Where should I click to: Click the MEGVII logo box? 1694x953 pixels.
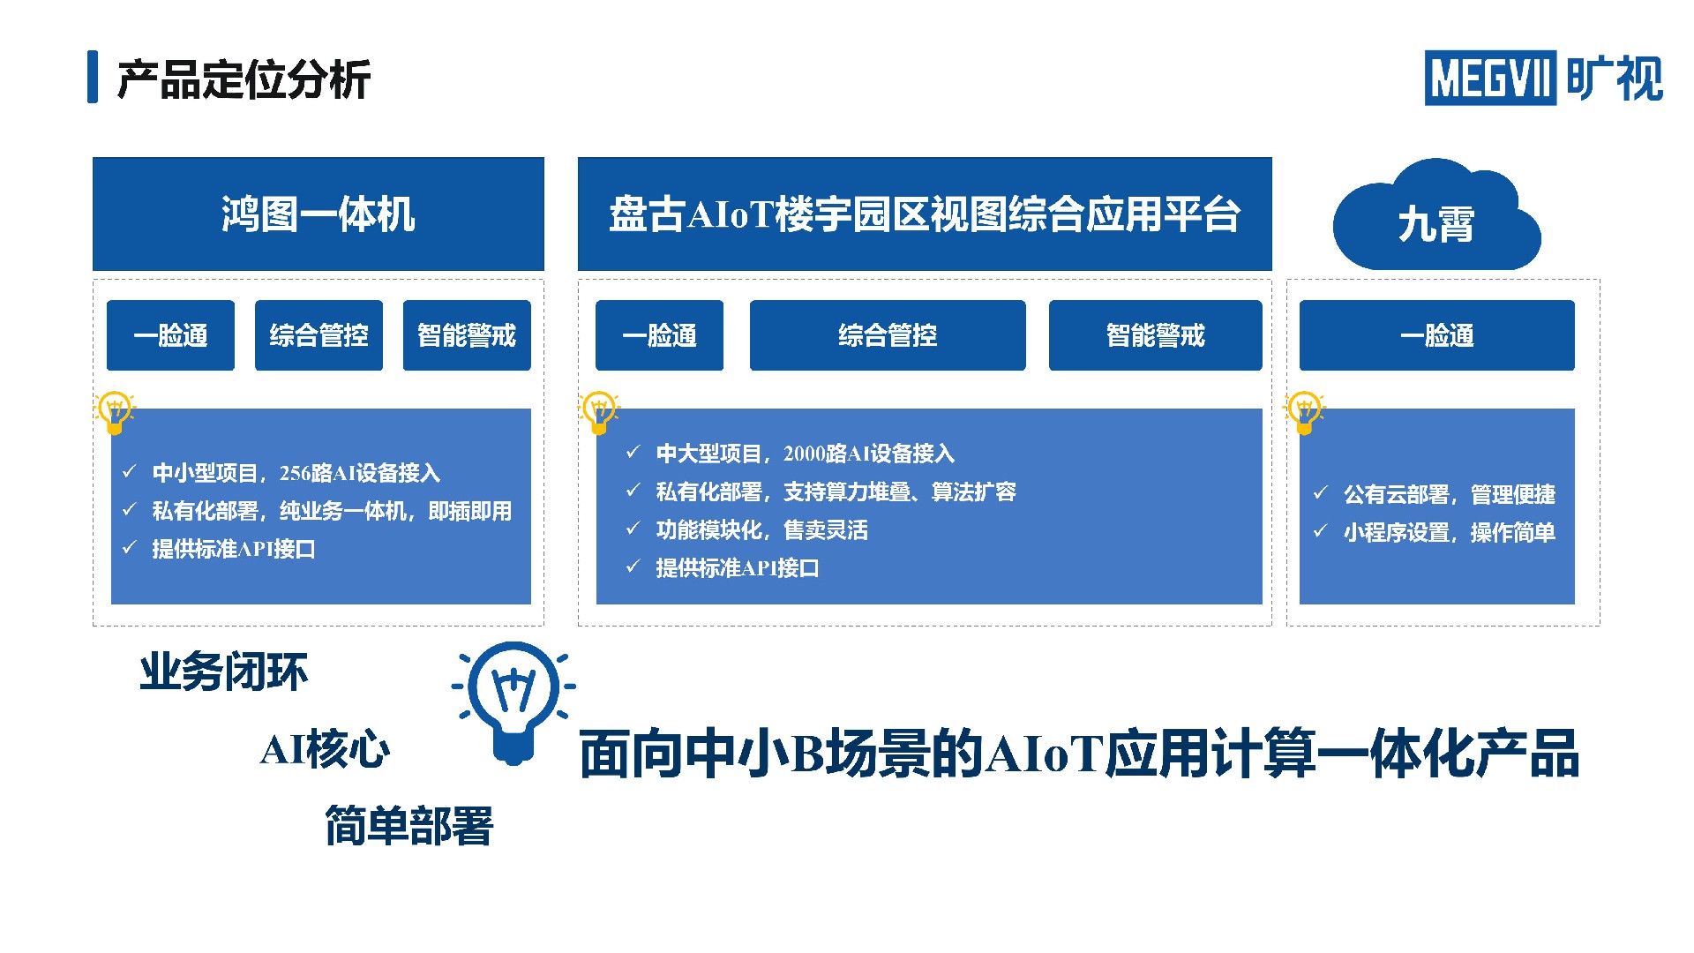pos(1490,78)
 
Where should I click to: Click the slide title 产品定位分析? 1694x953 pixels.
pos(244,79)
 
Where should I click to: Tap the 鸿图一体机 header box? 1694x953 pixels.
pos(319,214)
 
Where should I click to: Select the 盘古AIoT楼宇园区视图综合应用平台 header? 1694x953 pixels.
pos(925,214)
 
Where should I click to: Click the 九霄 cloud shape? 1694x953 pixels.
pos(1437,216)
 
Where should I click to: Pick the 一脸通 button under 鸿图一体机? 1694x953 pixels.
pos(170,335)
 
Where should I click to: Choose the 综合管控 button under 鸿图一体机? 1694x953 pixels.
pos(319,335)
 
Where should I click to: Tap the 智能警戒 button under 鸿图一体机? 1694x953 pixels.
pos(467,335)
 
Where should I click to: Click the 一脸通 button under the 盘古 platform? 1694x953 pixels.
pos(659,335)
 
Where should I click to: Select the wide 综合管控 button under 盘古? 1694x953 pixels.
pos(888,335)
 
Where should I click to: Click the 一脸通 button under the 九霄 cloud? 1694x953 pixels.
pos(1437,335)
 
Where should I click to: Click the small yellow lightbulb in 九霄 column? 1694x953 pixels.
pos(1304,412)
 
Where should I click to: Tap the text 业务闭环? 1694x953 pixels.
pos(224,672)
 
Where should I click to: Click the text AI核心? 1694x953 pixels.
pos(325,750)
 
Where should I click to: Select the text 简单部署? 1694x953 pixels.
pos(409,826)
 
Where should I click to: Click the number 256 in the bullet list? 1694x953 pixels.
pos(295,474)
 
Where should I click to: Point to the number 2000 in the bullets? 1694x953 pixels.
pos(804,454)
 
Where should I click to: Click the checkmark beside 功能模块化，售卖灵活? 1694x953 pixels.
pos(633,529)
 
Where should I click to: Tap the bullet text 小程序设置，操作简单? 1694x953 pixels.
pos(1450,533)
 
